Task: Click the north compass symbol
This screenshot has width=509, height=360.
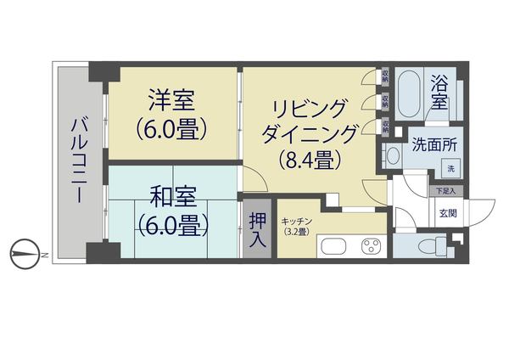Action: tap(27, 253)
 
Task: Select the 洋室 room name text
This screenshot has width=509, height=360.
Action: tap(172, 102)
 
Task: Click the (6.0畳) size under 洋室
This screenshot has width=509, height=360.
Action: tap(172, 131)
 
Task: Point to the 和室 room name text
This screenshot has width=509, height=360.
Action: tap(172, 198)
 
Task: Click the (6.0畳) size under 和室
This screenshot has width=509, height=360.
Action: tap(172, 226)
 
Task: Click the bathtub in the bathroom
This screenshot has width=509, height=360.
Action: tap(412, 96)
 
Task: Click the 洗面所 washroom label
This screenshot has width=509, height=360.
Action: tap(434, 144)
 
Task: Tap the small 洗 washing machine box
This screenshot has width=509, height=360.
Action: tap(450, 169)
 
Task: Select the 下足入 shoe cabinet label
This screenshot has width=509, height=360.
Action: tap(446, 193)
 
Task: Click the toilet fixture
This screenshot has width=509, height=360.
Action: tap(428, 246)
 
